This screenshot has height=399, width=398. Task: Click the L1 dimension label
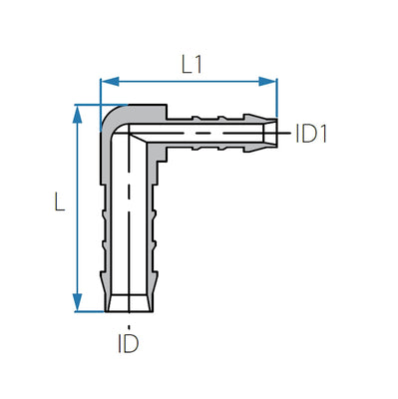(x=193, y=63)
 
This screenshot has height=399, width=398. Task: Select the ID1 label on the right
(x=311, y=133)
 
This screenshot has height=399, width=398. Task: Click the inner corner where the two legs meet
(x=153, y=151)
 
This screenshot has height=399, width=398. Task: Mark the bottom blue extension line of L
(x=90, y=312)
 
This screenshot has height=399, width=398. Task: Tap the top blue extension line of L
(x=90, y=103)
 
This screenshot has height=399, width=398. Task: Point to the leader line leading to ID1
(x=286, y=132)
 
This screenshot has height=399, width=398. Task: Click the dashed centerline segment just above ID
(x=127, y=322)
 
